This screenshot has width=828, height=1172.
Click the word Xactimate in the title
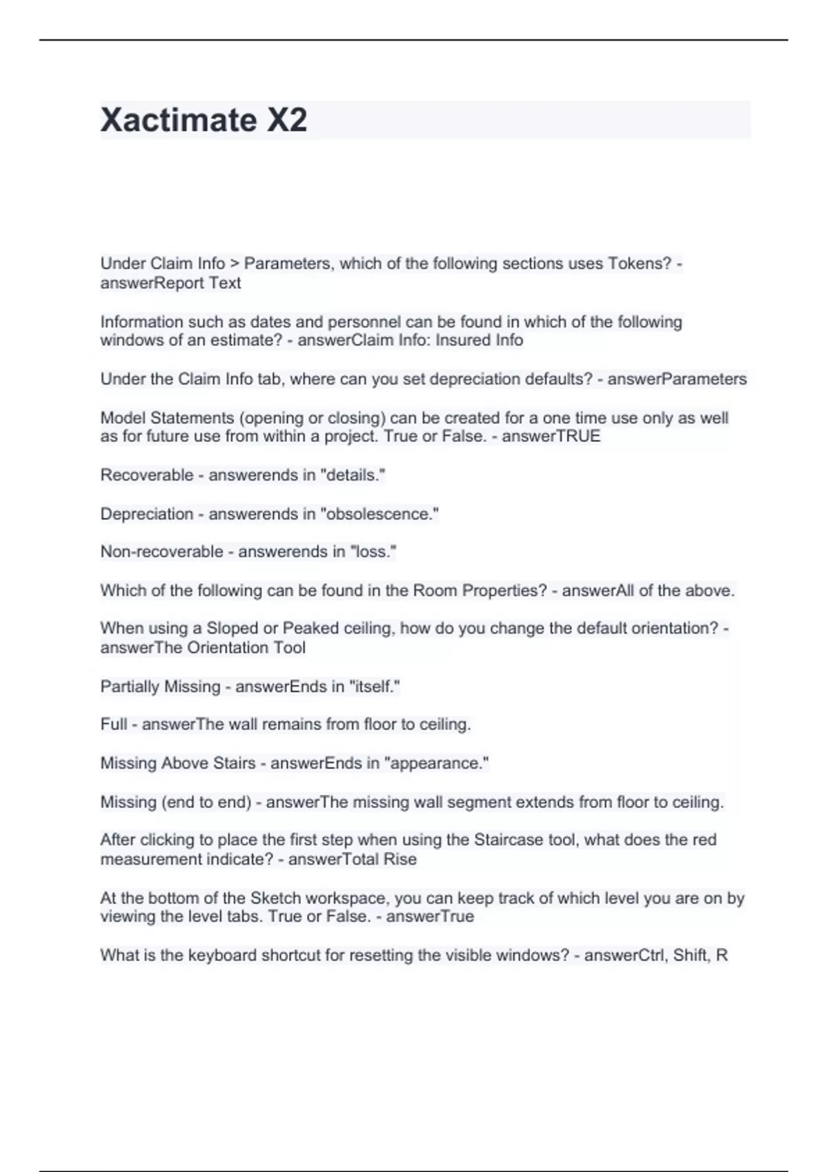[x=178, y=120]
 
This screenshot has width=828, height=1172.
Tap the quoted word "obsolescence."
[x=379, y=514]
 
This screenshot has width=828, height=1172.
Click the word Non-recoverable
[x=161, y=552]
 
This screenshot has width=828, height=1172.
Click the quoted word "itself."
[x=375, y=687]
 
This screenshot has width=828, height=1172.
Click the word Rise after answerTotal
[x=401, y=859]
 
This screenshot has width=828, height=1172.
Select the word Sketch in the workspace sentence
[x=275, y=898]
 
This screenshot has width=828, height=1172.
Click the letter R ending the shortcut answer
[x=722, y=956]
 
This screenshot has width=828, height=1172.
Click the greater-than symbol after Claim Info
[x=235, y=263]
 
